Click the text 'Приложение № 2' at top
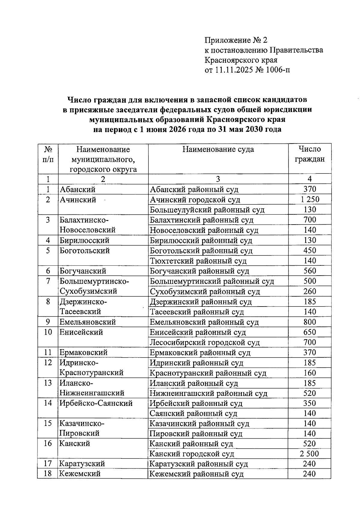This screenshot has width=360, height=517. tap(235, 40)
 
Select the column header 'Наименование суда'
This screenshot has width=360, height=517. tap(218, 150)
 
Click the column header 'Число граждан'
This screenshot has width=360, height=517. tap(310, 154)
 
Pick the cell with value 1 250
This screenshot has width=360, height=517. tap(310, 199)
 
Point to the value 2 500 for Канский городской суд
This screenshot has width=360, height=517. tap(309, 454)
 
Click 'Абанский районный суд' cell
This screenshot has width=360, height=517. tap(194, 189)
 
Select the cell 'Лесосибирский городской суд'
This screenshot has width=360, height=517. tap(205, 342)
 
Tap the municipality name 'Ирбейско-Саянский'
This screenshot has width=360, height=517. tap(96, 403)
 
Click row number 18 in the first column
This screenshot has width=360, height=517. tap(48, 473)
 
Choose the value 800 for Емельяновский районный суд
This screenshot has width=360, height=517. tap(310, 322)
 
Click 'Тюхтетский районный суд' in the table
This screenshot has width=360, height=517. tap(198, 261)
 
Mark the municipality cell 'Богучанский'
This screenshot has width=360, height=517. tap(83, 271)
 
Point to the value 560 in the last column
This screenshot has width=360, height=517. tap(310, 271)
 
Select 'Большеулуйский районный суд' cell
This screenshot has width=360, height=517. tap(207, 210)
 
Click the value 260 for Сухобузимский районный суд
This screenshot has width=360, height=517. tap(310, 291)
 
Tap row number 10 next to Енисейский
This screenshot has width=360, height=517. tap(48, 332)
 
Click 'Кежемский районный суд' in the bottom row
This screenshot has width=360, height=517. tap(196, 474)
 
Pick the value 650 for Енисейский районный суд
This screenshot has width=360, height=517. tap(310, 332)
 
